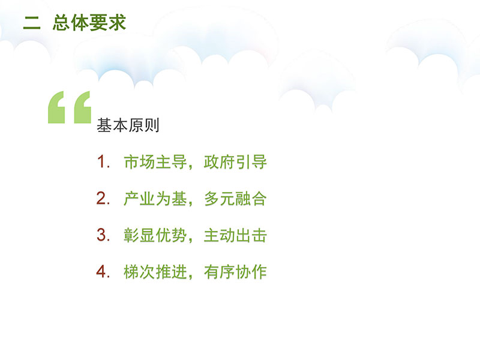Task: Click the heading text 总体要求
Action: tap(89, 23)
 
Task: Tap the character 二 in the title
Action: tap(32, 23)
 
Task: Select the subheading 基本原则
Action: tap(128, 125)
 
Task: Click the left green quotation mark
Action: tap(56, 107)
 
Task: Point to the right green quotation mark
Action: tap(82, 107)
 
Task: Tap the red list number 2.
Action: tap(103, 198)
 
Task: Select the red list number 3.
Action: tap(103, 235)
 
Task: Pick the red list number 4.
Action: tap(103, 271)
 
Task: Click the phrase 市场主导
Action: tap(155, 161)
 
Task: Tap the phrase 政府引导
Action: tap(235, 161)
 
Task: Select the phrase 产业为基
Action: tap(155, 199)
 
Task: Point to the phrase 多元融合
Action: tap(235, 199)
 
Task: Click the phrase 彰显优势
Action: tap(155, 235)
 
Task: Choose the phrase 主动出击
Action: tap(235, 235)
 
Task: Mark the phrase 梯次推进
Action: tap(155, 272)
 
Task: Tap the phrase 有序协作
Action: tap(235, 272)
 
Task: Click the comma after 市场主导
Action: tap(191, 167)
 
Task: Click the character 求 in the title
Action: tap(117, 23)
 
